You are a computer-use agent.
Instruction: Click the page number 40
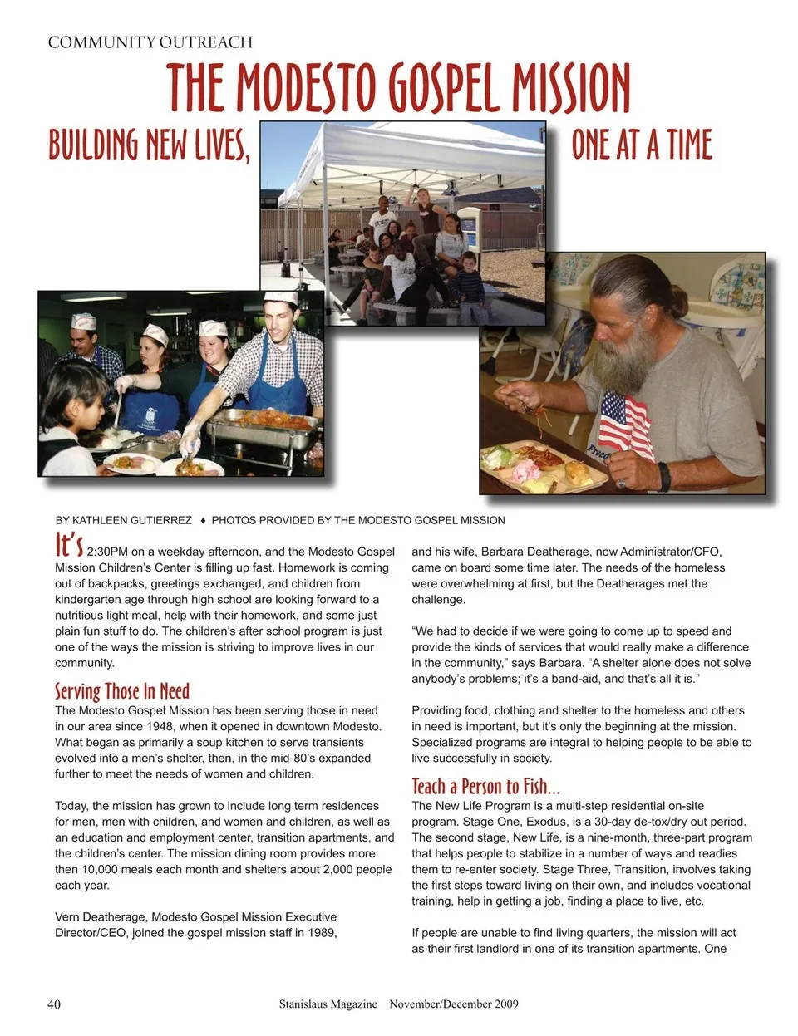(54, 1004)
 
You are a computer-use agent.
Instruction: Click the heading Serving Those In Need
(122, 691)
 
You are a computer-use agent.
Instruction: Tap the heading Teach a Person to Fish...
(485, 786)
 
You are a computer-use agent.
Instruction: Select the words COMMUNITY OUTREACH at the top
(150, 42)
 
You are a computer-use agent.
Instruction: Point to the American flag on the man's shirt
(625, 422)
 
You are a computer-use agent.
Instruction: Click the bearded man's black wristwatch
(663, 476)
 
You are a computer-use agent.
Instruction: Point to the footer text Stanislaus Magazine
(328, 1004)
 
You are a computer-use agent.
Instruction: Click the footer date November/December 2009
(454, 1004)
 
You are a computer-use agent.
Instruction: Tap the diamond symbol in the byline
(203, 521)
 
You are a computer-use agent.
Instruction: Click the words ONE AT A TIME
(642, 145)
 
